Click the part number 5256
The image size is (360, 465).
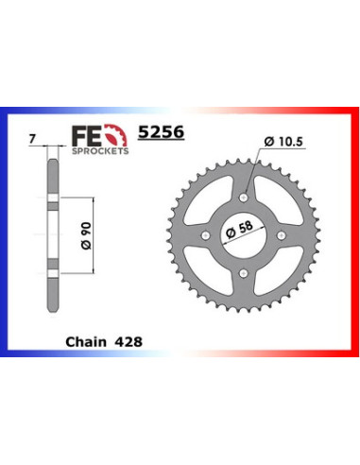click(161, 132)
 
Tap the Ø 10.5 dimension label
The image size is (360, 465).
click(283, 142)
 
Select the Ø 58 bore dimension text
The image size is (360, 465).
click(239, 230)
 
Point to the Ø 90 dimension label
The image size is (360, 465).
click(86, 235)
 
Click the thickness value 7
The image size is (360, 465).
click(31, 139)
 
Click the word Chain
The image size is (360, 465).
click(86, 342)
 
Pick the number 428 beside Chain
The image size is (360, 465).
click(129, 342)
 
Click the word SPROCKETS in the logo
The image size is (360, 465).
click(100, 151)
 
